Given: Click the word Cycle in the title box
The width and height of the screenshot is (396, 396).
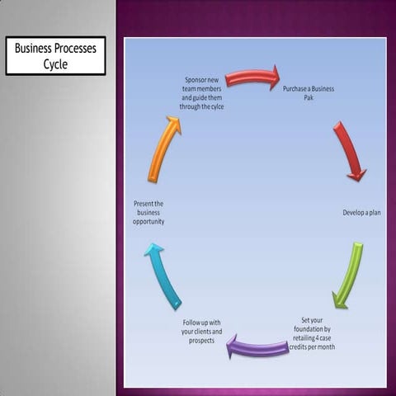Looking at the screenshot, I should point(55,64).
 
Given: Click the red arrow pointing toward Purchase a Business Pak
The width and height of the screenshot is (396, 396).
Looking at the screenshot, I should point(252,78).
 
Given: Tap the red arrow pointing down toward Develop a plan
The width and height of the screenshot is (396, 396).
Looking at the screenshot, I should point(350,151).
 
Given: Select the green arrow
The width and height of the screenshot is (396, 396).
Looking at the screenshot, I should point(347,275).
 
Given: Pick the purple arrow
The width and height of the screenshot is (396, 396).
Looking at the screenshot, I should point(257,346).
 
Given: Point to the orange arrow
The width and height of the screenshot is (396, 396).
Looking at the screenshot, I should point(163,149).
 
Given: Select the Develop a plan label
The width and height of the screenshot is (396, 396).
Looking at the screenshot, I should point(361,213).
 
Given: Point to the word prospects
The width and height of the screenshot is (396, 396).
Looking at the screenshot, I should point(201,340).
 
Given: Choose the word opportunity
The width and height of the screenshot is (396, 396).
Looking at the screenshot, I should point(149,222).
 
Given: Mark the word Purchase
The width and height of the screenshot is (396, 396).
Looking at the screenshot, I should point(296,87).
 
